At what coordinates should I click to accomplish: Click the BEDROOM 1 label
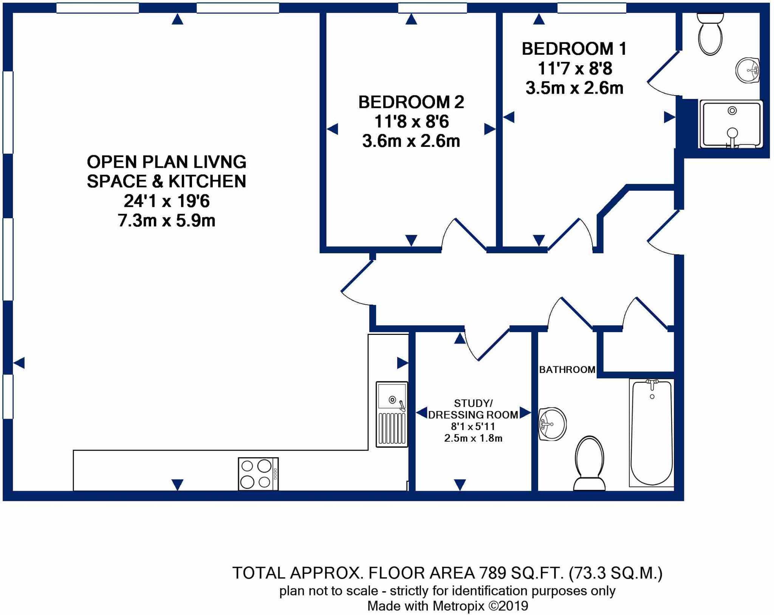point(574,49)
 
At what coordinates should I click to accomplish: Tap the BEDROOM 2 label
point(411,102)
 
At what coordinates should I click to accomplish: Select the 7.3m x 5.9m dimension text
point(166,221)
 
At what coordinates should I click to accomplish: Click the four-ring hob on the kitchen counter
point(258,474)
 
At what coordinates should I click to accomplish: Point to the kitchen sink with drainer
point(392,414)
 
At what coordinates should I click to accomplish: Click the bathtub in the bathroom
point(652,433)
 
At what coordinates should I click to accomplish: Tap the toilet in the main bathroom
point(589,464)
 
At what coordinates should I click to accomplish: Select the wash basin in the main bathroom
point(552,424)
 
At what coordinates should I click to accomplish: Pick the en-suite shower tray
point(731,124)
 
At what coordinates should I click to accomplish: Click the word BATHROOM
point(567,370)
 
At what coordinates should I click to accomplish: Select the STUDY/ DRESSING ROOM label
point(473,409)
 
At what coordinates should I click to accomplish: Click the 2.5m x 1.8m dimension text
point(473,438)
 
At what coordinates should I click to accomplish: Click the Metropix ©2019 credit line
point(447,606)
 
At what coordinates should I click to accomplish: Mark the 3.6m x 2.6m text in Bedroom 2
point(411,142)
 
